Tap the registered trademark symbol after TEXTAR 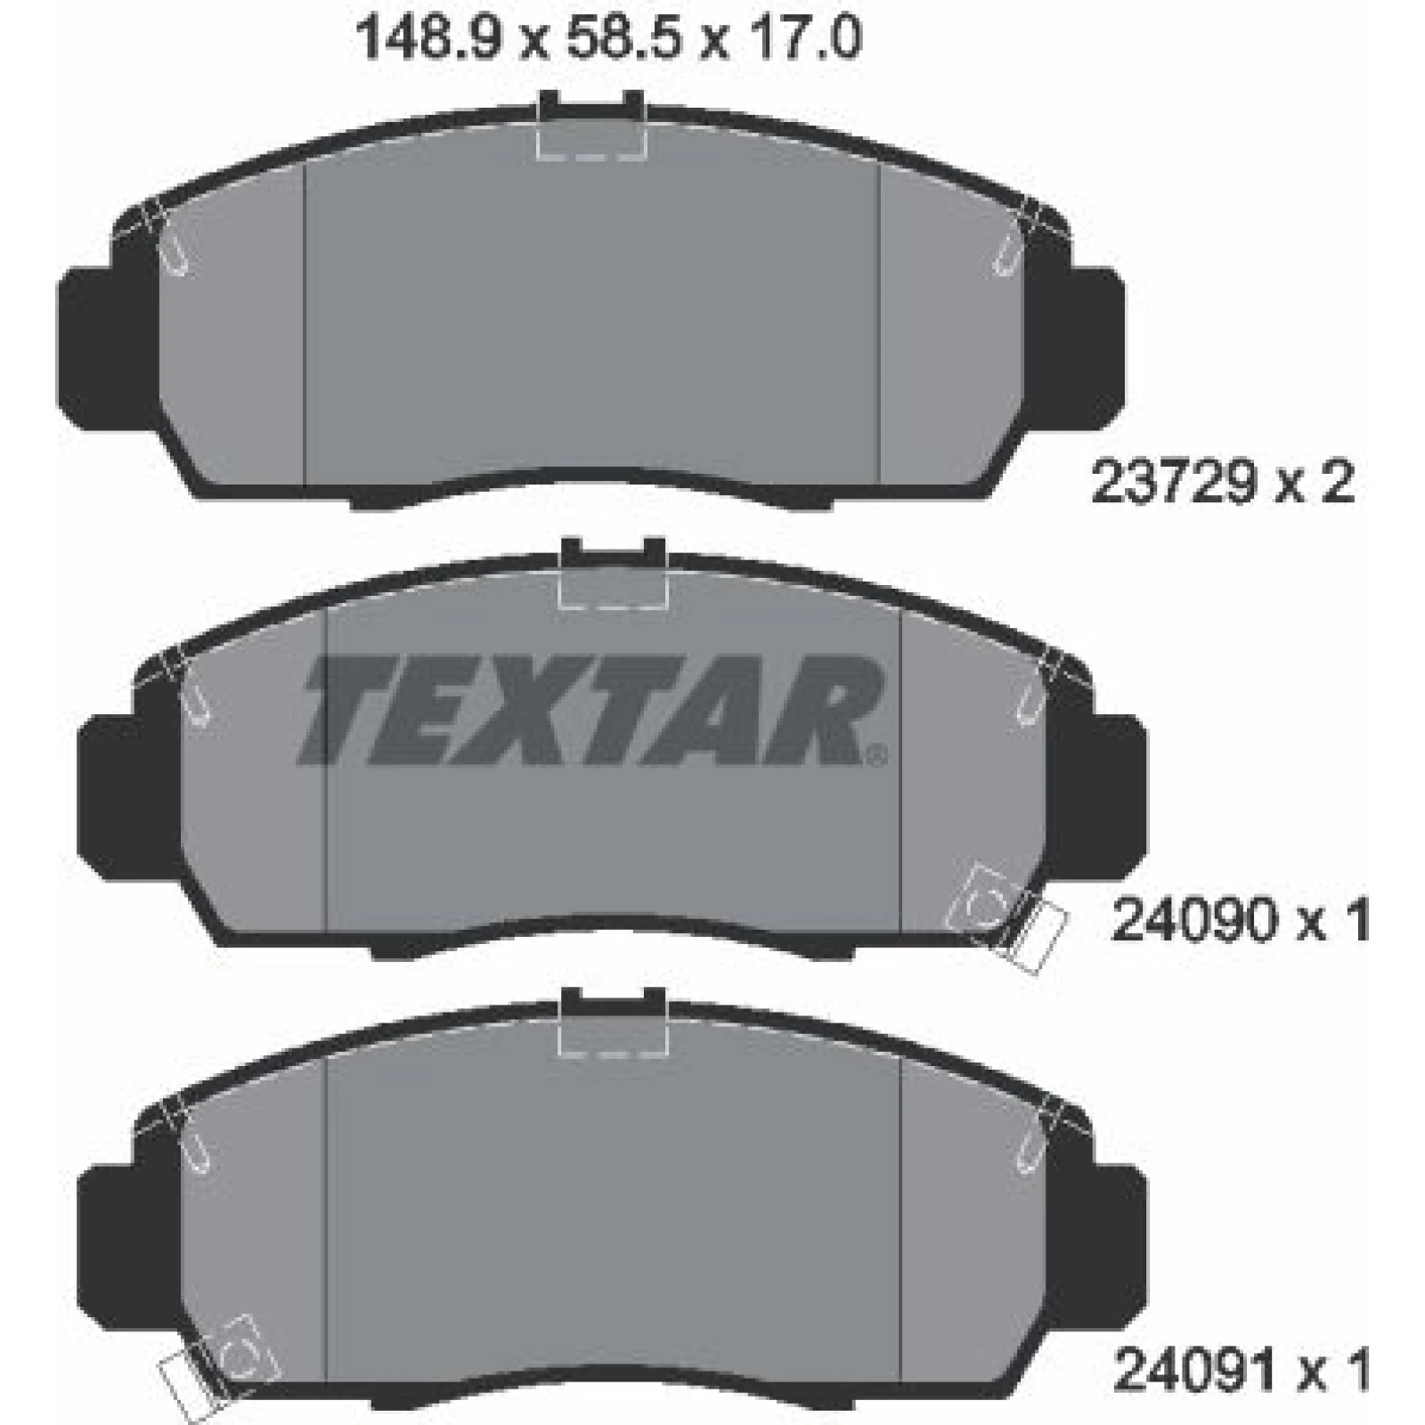pyautogui.click(x=877, y=757)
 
